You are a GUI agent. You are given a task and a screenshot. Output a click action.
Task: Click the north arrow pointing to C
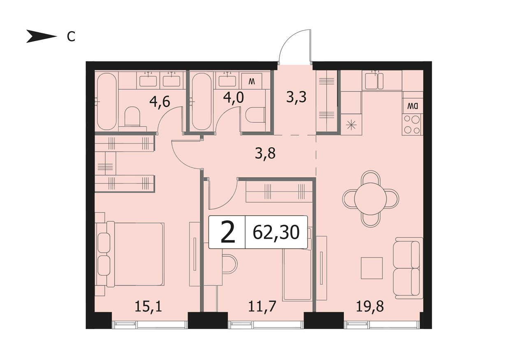click(x=41, y=36)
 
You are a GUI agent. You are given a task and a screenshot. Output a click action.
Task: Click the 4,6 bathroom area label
click(x=160, y=102)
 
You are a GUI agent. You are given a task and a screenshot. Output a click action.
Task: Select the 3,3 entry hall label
click(x=296, y=97)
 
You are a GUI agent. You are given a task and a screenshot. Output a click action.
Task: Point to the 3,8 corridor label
click(x=265, y=153)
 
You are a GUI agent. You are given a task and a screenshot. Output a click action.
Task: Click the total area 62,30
click(x=276, y=232)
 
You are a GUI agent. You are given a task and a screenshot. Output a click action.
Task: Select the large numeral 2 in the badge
click(x=228, y=232)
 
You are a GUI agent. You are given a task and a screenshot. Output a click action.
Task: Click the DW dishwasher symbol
click(x=412, y=106)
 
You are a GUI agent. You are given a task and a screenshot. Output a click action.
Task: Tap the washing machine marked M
click(x=252, y=81)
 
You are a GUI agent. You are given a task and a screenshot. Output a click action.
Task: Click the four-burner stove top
click(x=412, y=124)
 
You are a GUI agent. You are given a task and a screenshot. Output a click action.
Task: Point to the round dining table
click(x=370, y=199)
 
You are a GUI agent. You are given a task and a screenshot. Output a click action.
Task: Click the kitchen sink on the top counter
click(x=374, y=81)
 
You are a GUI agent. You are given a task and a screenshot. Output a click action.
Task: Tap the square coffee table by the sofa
click(x=372, y=268)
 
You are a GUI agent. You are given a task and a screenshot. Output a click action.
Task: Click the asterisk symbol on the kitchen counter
click(x=351, y=125)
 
